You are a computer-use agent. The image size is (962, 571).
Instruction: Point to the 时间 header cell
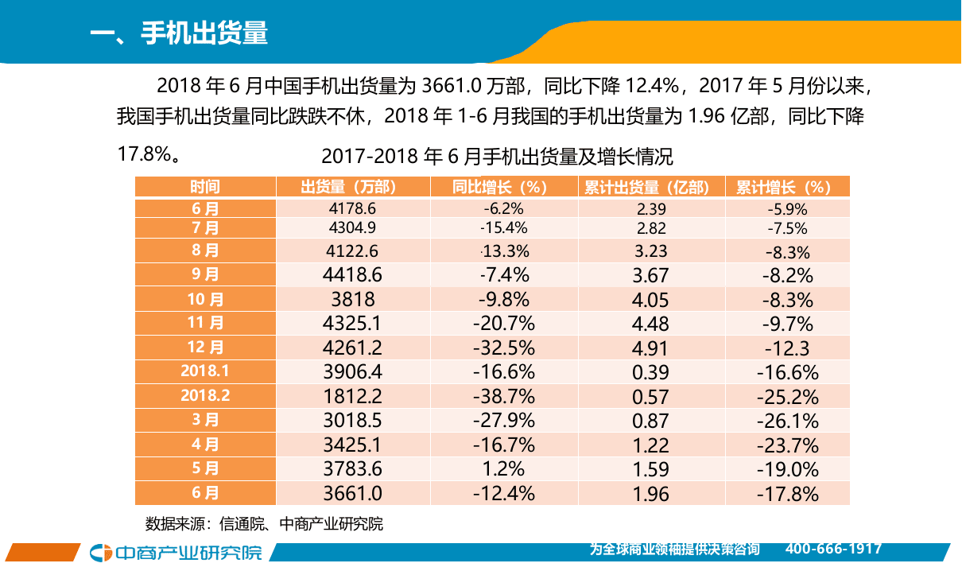[x=205, y=187]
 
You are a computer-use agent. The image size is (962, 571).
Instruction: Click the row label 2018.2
[x=205, y=395]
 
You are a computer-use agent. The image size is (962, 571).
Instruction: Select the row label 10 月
[x=205, y=300]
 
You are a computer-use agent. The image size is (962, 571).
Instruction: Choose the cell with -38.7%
[x=502, y=397]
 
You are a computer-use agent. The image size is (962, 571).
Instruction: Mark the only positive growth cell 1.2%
[x=502, y=469]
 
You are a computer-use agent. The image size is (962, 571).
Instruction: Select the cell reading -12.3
[x=787, y=348]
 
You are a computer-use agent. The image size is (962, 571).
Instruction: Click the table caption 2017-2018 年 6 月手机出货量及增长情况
[x=497, y=155]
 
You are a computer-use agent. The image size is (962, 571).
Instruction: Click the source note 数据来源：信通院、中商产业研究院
[x=264, y=524]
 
